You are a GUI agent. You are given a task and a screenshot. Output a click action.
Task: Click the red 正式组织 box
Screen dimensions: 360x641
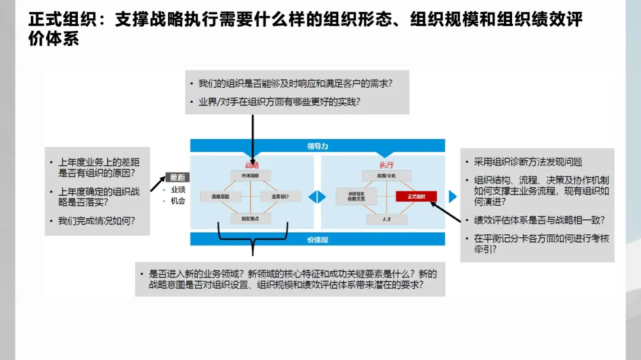point(416,196)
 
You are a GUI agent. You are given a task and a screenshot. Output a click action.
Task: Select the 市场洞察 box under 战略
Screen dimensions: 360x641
point(250,176)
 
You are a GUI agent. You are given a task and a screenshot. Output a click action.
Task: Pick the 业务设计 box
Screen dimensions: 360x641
point(280,196)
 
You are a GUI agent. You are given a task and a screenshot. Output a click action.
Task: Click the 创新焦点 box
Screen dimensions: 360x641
point(250,219)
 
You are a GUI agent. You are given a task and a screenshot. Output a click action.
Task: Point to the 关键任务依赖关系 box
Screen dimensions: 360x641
point(356,196)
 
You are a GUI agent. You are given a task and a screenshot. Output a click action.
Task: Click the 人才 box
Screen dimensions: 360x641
point(386,219)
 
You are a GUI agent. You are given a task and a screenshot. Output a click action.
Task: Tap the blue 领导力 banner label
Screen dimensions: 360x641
point(318,146)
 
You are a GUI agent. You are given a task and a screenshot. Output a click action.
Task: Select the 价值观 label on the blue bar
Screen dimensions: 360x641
point(318,239)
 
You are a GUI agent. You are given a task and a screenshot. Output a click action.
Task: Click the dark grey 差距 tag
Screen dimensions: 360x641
point(177,177)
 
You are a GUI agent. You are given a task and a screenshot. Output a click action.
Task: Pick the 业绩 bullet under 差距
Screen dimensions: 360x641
point(177,190)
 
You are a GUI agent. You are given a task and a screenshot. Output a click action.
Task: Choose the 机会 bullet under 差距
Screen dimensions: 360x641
point(177,201)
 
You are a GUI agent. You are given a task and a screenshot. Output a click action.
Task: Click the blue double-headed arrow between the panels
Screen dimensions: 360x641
point(317,197)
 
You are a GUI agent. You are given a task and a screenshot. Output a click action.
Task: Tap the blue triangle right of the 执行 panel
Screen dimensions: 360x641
point(453,196)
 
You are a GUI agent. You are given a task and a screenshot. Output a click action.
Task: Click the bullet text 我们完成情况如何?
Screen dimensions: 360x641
point(96,221)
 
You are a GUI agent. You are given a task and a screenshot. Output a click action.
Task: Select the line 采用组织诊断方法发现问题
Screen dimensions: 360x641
point(528,162)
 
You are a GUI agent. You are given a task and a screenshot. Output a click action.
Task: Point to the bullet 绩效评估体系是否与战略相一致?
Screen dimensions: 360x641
point(539,220)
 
